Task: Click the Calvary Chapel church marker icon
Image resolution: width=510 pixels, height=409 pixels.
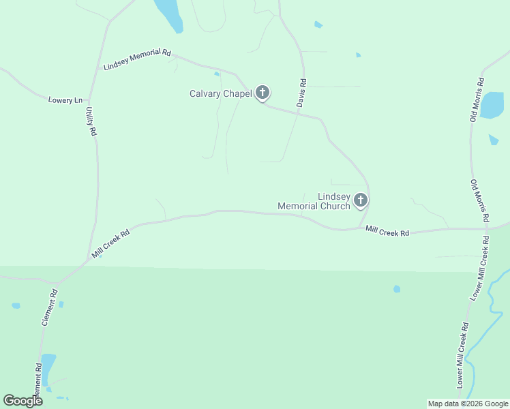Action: coord(262,93)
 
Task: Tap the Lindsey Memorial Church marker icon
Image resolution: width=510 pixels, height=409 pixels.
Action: coord(361,200)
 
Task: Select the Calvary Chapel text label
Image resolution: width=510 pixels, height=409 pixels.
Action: coord(221,93)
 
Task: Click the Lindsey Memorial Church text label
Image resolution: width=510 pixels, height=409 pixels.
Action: coord(314,201)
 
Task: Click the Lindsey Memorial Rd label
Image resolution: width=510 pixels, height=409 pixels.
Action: coord(137,59)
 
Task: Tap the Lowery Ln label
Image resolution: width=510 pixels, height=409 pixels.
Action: coord(65,100)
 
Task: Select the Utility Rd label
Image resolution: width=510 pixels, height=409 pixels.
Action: coord(91,121)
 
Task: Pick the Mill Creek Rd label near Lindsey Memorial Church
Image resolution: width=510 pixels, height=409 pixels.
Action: coord(387,232)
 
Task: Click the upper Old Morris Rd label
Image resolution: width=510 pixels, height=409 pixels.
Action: coord(478,101)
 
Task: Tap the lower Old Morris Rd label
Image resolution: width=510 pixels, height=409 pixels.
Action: coord(479,201)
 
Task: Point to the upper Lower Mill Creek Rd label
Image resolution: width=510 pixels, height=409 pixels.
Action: coord(480,269)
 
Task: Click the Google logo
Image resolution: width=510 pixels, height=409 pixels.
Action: coord(22,401)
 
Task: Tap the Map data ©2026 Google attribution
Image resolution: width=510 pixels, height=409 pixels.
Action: coord(467,404)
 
